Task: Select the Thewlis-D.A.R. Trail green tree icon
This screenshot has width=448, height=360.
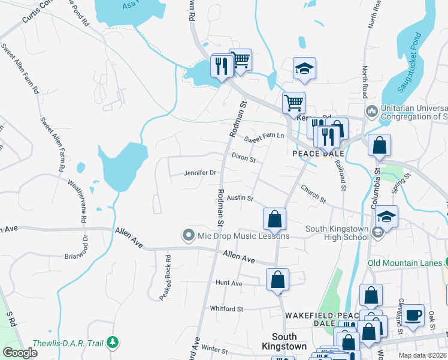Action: pyautogui.click(x=112, y=343)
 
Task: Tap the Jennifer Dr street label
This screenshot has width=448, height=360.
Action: pyautogui.click(x=200, y=173)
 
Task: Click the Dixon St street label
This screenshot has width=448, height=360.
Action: pyautogui.click(x=244, y=158)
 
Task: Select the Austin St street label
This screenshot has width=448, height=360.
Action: pyautogui.click(x=240, y=197)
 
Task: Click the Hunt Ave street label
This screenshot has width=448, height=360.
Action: pyautogui.click(x=229, y=283)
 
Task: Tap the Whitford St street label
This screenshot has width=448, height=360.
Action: pyautogui.click(x=226, y=309)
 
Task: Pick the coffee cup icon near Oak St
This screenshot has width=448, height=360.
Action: pyautogui.click(x=413, y=315)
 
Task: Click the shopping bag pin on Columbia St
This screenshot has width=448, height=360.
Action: pyautogui.click(x=379, y=145)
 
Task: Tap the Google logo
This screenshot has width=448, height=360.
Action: pyautogui.click(x=20, y=353)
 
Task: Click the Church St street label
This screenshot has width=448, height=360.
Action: pyautogui.click(x=313, y=193)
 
